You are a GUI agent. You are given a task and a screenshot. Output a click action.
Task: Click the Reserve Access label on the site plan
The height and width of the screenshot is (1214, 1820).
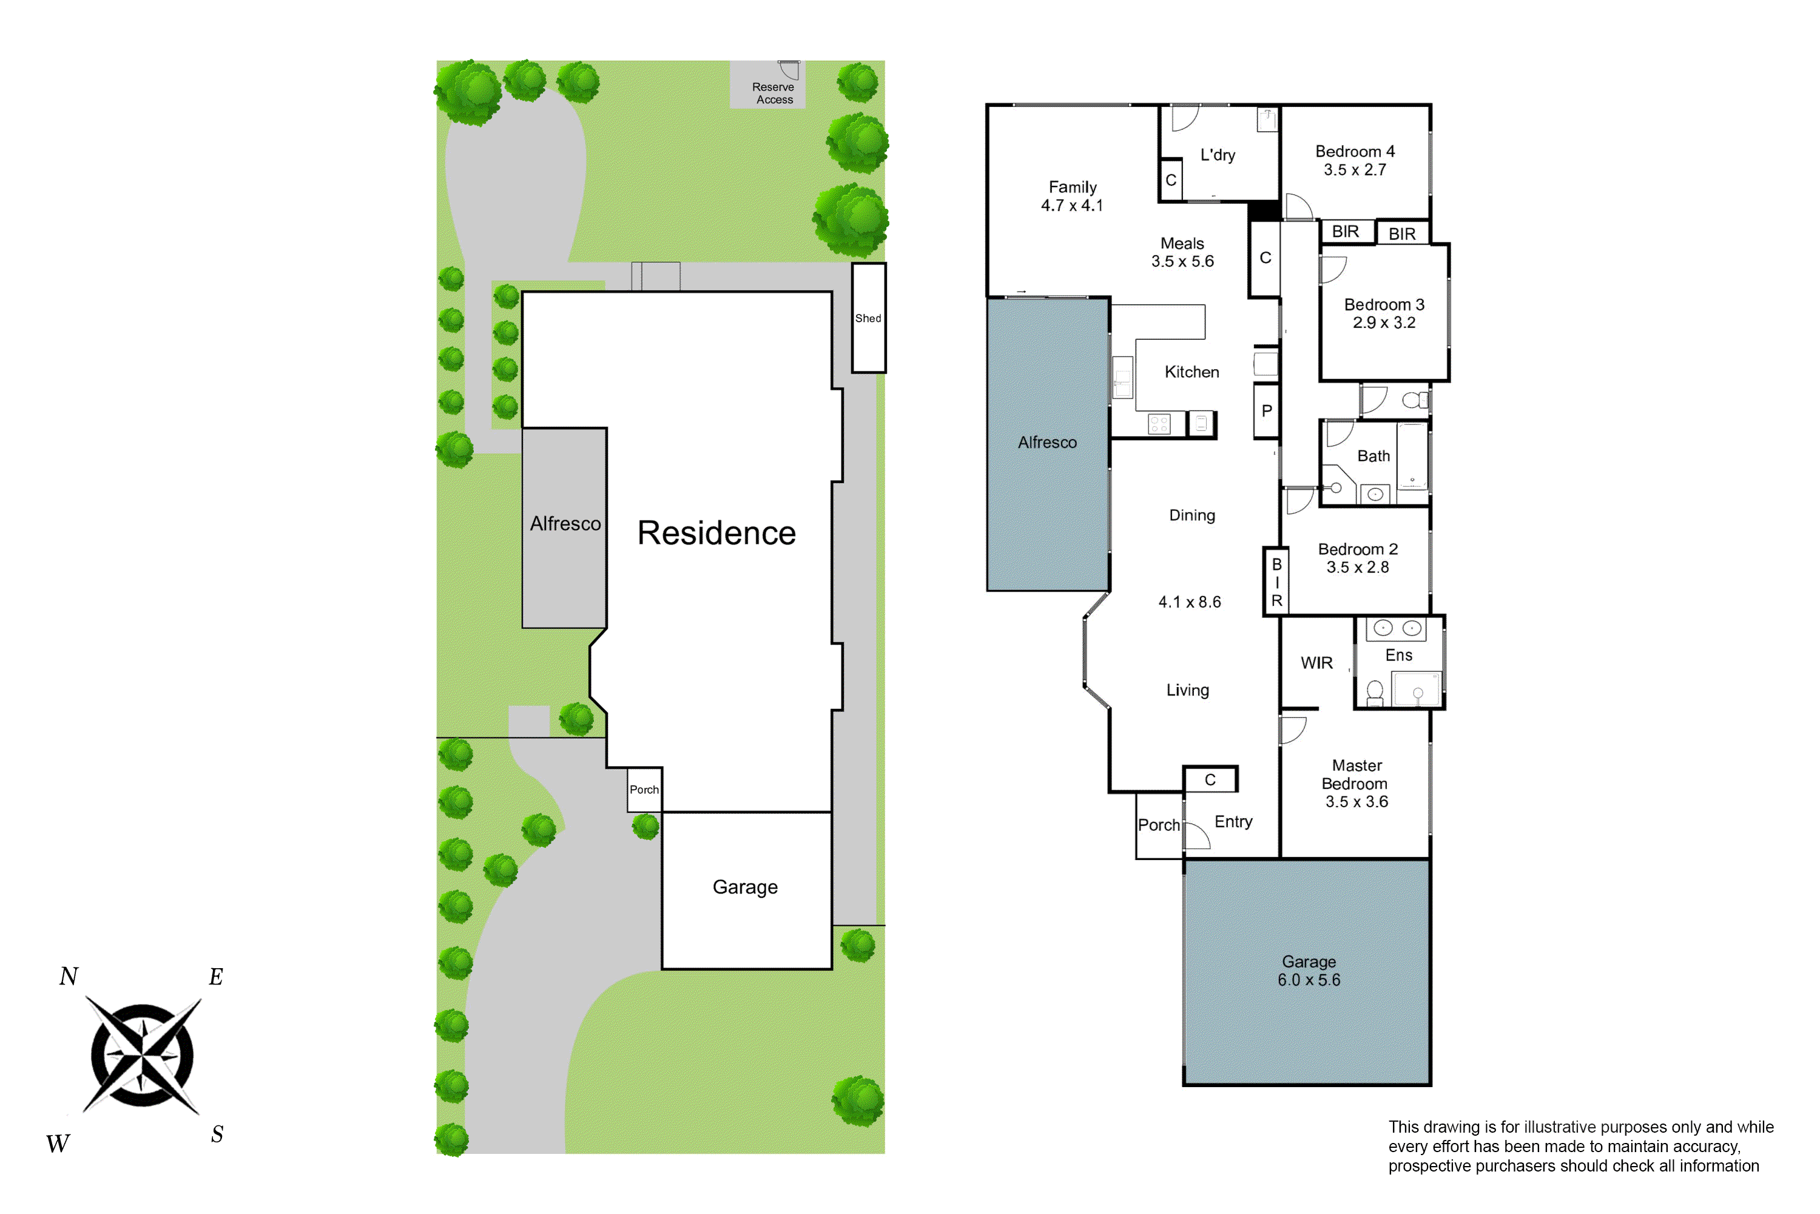[x=774, y=93]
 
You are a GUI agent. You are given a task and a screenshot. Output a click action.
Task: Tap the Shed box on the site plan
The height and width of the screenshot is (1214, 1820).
[x=868, y=318]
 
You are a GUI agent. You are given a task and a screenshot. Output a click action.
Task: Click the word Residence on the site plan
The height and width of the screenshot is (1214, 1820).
[x=716, y=533]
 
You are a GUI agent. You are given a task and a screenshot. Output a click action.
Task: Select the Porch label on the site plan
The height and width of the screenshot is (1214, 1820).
[x=644, y=790]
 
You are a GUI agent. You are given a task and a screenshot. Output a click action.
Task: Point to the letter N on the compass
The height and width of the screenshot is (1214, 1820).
[x=69, y=976]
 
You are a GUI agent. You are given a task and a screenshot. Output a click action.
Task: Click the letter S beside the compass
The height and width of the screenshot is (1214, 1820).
[x=217, y=1135]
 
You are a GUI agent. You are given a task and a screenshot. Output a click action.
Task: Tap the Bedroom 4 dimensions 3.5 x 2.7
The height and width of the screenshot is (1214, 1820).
[x=1355, y=169]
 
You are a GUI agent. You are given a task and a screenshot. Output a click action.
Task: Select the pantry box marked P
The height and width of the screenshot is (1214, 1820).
[x=1267, y=411]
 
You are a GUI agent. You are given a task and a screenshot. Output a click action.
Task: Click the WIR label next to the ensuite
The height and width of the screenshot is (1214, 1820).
[x=1316, y=663]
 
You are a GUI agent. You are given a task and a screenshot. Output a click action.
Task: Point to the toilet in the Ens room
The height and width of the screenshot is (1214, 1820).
[x=1375, y=692]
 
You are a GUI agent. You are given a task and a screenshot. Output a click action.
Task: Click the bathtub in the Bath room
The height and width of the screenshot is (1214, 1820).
[x=1412, y=457]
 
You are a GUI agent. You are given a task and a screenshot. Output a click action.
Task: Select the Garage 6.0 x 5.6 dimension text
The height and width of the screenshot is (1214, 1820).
[x=1309, y=980]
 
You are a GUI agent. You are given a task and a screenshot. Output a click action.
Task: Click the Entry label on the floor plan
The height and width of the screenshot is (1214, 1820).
[x=1233, y=821]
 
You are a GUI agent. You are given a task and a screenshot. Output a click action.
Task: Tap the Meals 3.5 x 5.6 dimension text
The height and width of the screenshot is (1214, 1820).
[x=1182, y=262]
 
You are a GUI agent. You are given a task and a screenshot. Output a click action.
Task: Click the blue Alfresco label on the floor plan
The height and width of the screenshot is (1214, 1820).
[x=1047, y=442]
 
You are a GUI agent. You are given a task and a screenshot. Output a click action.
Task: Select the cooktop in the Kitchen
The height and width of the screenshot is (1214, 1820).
[x=1159, y=424]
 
